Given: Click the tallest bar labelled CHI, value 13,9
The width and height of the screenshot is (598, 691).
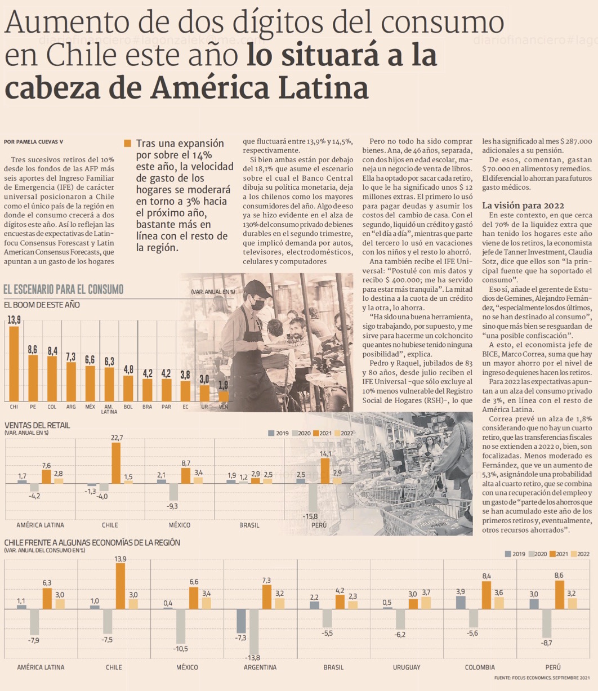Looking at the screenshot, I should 14,363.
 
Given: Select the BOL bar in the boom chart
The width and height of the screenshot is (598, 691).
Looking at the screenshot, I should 128,387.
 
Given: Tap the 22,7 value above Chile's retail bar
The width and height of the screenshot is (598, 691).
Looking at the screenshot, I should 117,438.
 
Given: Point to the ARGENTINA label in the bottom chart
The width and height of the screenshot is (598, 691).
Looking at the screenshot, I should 260,667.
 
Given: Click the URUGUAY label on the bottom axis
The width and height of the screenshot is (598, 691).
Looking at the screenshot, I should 407,667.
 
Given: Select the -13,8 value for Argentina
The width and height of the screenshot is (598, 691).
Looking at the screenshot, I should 252,658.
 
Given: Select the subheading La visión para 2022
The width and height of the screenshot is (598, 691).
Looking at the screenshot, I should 523,206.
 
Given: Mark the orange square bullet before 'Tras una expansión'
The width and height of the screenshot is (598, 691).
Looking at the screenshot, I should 127,144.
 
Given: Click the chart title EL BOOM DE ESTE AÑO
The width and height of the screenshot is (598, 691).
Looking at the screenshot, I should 42,305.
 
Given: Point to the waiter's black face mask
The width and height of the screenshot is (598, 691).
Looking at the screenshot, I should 257,305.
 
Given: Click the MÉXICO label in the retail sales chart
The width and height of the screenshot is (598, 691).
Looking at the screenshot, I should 180,525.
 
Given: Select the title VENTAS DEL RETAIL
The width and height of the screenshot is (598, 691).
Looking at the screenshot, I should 37,425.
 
